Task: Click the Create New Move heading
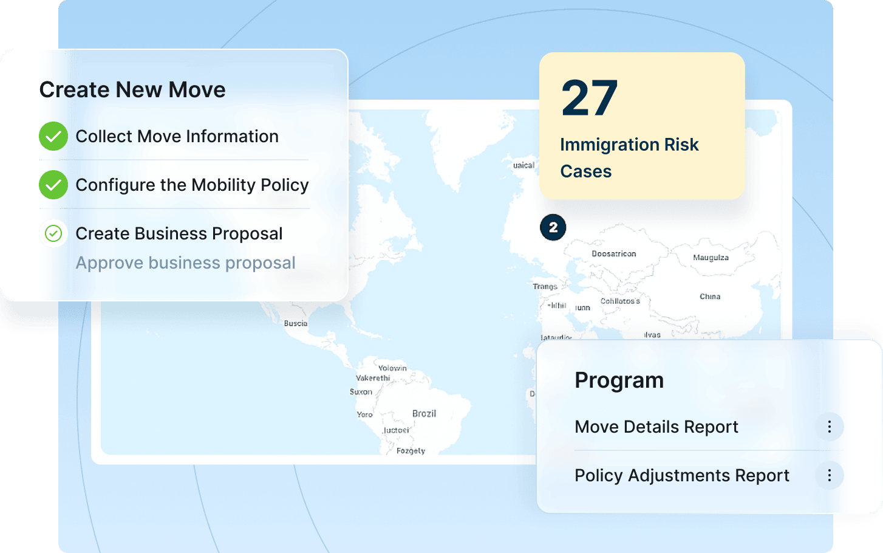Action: (132, 90)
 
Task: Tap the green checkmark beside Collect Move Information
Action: (53, 136)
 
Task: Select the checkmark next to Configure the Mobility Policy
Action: (53, 185)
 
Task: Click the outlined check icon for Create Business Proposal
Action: (53, 233)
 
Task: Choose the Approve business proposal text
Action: (185, 263)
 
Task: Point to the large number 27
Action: (589, 98)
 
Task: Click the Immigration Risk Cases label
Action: (629, 158)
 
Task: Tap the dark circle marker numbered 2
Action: (553, 227)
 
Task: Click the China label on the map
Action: (710, 297)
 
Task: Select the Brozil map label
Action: (424, 414)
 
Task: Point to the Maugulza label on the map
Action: (711, 258)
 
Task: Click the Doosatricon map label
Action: (614, 254)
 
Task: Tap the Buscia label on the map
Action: (296, 323)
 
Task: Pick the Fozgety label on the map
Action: (411, 451)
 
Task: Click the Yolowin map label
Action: (392, 368)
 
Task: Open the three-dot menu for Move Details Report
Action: (829, 427)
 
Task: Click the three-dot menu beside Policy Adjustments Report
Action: (829, 475)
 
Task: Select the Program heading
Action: (619, 380)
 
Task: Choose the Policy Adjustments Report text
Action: (681, 475)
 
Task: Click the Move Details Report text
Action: (656, 427)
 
